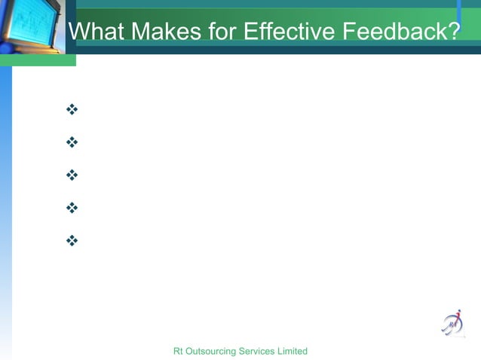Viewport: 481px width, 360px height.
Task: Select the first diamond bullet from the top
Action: point(72,111)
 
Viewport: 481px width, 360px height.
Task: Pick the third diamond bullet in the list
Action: point(72,175)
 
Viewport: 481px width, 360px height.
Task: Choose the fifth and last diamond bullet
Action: point(72,241)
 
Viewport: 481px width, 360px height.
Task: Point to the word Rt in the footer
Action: point(178,352)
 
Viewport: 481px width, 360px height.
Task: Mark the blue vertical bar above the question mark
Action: point(458,11)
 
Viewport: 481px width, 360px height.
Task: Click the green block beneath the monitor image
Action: point(38,60)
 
